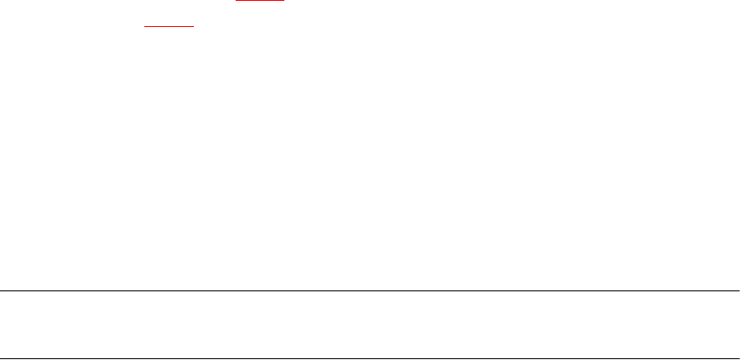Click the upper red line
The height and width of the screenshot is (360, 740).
coord(261,1)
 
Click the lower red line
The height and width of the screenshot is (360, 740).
coord(169,26)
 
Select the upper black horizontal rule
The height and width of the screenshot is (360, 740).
coord(370,290)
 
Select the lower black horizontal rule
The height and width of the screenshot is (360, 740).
coord(370,358)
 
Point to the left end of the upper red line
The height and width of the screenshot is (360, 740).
coord(237,1)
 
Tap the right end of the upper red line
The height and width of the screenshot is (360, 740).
coord(284,1)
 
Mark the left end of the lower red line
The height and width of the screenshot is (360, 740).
coord(144,26)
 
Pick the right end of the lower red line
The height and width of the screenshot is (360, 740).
coord(193,26)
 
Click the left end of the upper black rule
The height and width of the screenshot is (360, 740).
coord(1,290)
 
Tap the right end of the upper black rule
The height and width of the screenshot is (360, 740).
coord(738,290)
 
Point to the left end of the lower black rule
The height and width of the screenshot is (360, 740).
coord(1,358)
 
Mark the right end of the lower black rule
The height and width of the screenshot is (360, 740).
coord(738,358)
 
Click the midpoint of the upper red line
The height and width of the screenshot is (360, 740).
coord(261,1)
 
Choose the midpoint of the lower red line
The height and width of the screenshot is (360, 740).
coord(169,26)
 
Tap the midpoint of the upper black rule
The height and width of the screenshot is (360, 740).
coord(370,290)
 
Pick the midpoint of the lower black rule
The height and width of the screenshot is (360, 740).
coord(370,358)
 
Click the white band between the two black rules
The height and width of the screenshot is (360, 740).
coord(370,324)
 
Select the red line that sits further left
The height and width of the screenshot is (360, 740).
coord(169,26)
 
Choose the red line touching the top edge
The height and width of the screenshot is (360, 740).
coord(261,1)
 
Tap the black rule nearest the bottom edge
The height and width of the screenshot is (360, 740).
coord(370,358)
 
